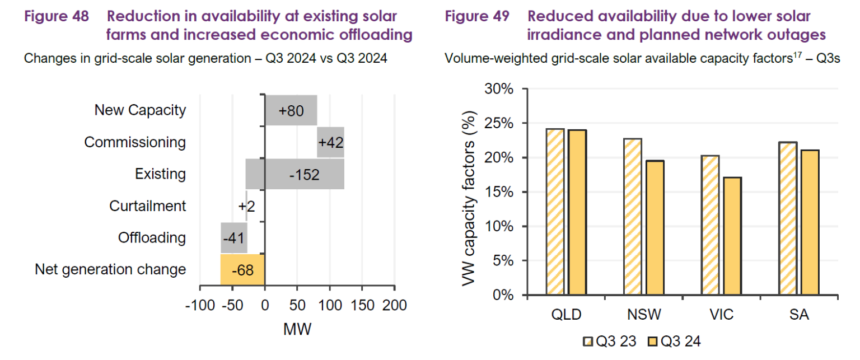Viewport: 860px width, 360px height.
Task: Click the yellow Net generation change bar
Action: (x=242, y=270)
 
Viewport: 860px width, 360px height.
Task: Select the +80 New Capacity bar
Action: (x=291, y=110)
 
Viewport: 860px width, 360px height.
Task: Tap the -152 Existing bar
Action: (x=295, y=174)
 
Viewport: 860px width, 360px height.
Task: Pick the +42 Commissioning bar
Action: (x=330, y=142)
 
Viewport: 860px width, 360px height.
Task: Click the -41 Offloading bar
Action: (x=233, y=238)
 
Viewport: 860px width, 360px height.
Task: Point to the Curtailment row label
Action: (x=147, y=206)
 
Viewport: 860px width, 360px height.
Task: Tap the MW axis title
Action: (x=297, y=329)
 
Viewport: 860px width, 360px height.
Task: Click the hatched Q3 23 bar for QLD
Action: (x=555, y=212)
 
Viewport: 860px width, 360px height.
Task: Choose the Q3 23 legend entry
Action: (x=612, y=341)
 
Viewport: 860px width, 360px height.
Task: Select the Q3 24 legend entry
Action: (x=675, y=341)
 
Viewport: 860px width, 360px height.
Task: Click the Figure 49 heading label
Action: (x=477, y=17)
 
